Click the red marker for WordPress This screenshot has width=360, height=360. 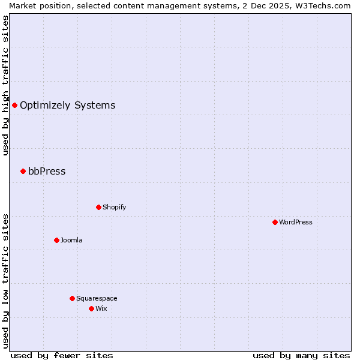click(x=275, y=222)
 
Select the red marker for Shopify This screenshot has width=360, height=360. click(x=98, y=207)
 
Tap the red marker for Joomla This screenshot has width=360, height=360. click(x=56, y=240)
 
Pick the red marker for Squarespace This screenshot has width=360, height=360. click(x=72, y=298)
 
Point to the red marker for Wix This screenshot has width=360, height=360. click(x=91, y=308)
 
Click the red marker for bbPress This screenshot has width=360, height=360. click(x=23, y=171)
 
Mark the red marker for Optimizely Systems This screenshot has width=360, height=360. click(x=14, y=105)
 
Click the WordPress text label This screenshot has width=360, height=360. click(x=296, y=222)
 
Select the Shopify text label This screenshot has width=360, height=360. click(x=114, y=207)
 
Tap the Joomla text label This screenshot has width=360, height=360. click(x=71, y=240)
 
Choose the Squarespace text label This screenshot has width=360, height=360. click(x=97, y=298)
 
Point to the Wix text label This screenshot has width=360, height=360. click(x=101, y=308)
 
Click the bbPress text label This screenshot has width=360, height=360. click(x=47, y=171)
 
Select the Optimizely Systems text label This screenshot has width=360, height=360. click(x=67, y=105)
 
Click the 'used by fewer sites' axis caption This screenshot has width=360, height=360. click(x=62, y=355)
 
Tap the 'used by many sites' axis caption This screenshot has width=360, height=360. click(x=301, y=355)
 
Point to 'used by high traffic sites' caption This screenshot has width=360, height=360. click(x=5, y=85)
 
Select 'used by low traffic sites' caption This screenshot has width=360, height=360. click(x=5, y=281)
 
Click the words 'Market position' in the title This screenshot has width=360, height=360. click(x=37, y=5)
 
